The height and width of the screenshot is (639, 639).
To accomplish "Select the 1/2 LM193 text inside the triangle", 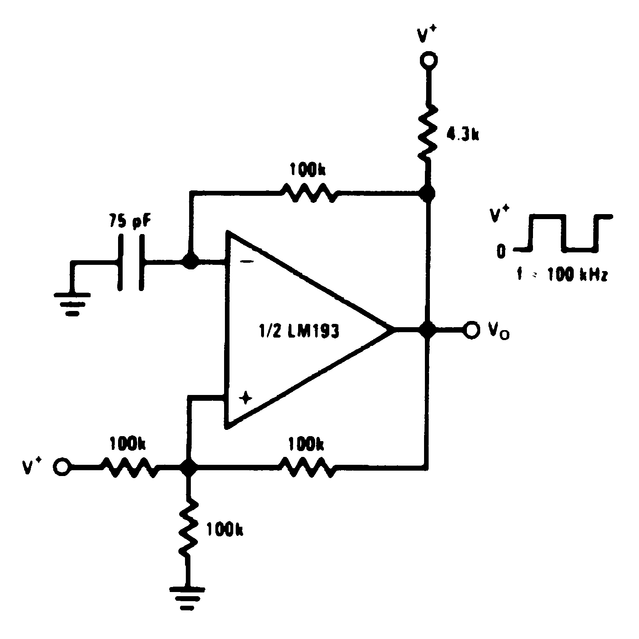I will pos(299,331).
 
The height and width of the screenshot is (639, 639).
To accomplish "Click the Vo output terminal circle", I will pos(471,330).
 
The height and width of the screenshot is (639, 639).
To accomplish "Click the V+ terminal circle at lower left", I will pos(61,466).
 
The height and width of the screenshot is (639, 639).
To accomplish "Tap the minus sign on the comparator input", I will pos(247,262).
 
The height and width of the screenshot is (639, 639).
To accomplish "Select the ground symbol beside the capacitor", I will pos(72,302).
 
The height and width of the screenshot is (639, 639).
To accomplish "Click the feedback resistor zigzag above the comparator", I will pos(308,193).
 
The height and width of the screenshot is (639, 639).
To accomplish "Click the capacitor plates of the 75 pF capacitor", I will pos(131,262).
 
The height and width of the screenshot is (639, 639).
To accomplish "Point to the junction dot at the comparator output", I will pos(427,330).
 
